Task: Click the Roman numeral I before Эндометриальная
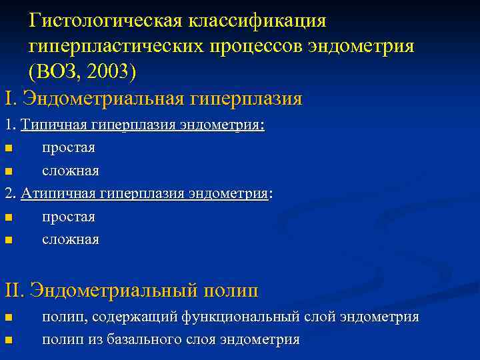(8, 99)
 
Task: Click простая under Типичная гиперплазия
(69, 148)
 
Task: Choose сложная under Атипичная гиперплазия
(71, 239)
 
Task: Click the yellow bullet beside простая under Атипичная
(8, 217)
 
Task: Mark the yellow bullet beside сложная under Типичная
(8, 171)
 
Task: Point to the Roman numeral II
(13, 291)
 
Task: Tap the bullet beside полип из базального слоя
(8, 340)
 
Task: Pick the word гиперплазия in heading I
(247, 99)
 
